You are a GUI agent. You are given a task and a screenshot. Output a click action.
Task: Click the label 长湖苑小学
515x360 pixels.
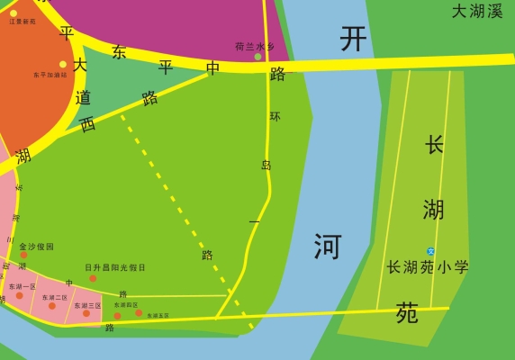428,267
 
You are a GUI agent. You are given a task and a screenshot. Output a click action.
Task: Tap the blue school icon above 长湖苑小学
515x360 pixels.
431,251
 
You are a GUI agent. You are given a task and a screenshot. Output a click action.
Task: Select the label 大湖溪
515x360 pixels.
477,12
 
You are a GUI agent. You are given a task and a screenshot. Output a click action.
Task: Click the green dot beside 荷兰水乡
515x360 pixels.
257,57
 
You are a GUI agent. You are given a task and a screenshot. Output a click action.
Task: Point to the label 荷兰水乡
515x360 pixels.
255,46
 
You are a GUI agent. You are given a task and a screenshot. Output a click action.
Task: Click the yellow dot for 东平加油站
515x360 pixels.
62,64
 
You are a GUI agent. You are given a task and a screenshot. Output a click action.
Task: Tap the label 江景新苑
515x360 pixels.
23,21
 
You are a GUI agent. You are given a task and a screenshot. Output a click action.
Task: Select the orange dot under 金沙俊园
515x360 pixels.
23,256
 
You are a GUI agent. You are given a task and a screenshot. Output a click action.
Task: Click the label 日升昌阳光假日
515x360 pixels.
115,267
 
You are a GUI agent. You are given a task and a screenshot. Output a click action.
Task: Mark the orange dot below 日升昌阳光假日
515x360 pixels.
93,278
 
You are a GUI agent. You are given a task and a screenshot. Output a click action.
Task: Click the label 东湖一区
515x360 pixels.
23,286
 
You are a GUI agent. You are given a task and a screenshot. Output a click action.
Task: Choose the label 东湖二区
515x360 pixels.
55,297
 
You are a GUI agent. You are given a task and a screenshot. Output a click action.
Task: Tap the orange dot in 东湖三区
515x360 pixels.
86,313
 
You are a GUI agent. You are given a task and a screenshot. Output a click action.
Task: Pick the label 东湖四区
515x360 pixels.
126,305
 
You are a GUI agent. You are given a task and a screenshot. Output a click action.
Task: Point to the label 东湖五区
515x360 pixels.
158,316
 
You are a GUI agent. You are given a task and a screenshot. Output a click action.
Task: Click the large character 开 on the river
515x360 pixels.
354,38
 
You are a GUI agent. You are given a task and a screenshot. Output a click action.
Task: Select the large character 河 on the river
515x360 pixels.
327,245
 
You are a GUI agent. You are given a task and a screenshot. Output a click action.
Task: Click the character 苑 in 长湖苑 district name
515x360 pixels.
407,312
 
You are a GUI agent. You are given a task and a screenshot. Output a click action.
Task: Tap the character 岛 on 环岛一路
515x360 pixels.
267,166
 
